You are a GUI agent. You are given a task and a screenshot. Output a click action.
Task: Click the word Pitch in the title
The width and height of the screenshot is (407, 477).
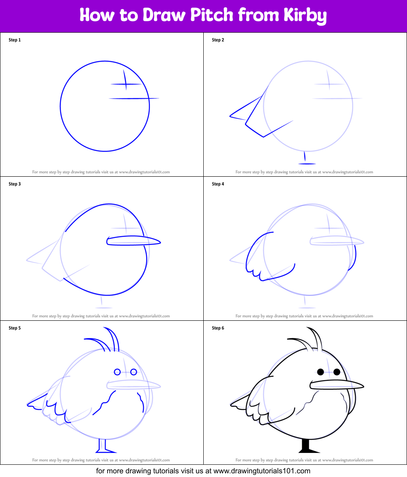(x=220, y=16)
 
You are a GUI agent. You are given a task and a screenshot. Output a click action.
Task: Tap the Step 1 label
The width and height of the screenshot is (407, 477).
(x=15, y=40)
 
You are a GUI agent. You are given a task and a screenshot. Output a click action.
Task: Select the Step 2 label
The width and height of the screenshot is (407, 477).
(x=218, y=40)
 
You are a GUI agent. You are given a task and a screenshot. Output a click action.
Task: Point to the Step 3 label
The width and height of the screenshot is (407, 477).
(x=15, y=184)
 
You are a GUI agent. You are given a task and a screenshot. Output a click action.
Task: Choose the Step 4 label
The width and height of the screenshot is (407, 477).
(x=218, y=184)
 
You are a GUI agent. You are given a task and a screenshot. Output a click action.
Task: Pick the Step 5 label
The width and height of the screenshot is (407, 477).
(x=15, y=328)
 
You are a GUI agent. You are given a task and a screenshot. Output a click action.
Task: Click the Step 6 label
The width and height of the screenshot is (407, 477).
(x=218, y=328)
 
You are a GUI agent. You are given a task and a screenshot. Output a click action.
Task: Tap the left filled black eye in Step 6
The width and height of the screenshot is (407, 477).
(x=321, y=372)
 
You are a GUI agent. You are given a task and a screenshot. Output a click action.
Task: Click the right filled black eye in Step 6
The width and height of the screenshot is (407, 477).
(x=337, y=372)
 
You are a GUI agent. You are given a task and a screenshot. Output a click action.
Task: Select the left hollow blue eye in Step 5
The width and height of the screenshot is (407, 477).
(x=117, y=372)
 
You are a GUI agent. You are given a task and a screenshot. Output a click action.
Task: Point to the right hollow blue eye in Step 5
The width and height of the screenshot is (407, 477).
(x=134, y=372)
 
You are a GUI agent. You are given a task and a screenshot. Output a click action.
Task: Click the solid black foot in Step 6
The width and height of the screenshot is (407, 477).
(x=308, y=447)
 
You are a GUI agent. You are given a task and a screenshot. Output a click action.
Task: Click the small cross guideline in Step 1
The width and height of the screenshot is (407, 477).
(x=126, y=84)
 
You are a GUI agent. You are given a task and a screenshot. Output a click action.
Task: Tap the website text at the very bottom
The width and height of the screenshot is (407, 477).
(x=203, y=471)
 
